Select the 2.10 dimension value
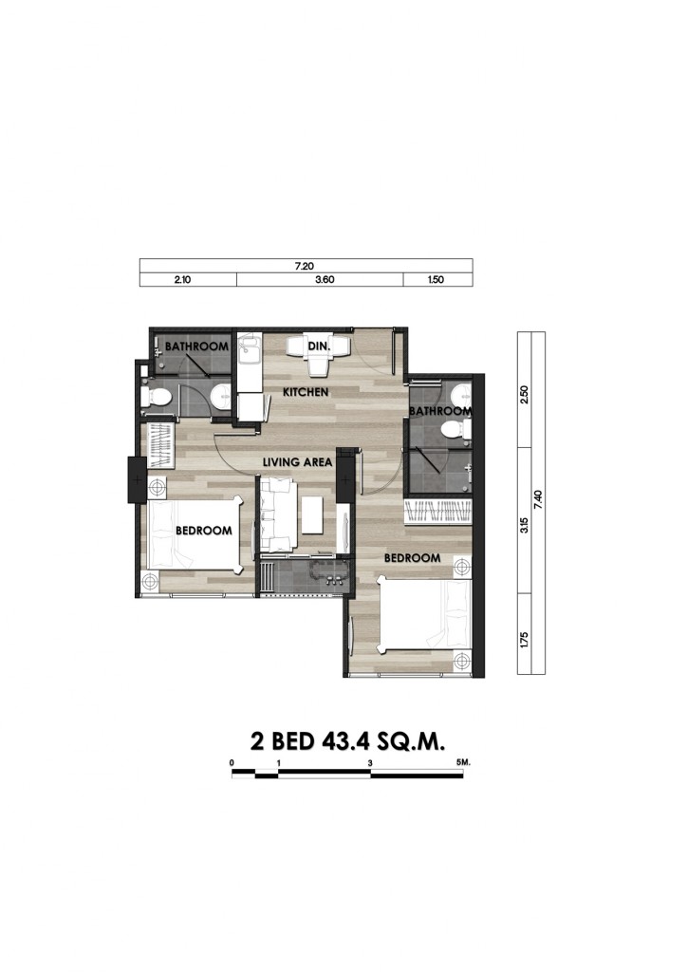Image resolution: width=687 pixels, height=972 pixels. coord(182,280)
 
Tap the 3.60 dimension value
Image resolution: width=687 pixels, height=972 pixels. coord(325,280)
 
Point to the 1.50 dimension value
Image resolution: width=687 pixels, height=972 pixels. coord(436,280)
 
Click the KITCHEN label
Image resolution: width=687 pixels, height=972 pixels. coord(306,392)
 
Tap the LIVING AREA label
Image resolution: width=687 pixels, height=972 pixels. coord(297,462)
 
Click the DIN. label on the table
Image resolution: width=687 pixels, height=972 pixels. coord(319,346)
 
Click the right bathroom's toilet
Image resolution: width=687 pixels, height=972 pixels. coord(455,429)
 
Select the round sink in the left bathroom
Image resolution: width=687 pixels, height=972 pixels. coord(220,397)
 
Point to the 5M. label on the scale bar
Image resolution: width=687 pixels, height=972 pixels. coord(463,762)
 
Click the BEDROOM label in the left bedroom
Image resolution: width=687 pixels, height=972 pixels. coord(204,531)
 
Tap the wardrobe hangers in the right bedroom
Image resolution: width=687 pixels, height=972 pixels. coord(437,512)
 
